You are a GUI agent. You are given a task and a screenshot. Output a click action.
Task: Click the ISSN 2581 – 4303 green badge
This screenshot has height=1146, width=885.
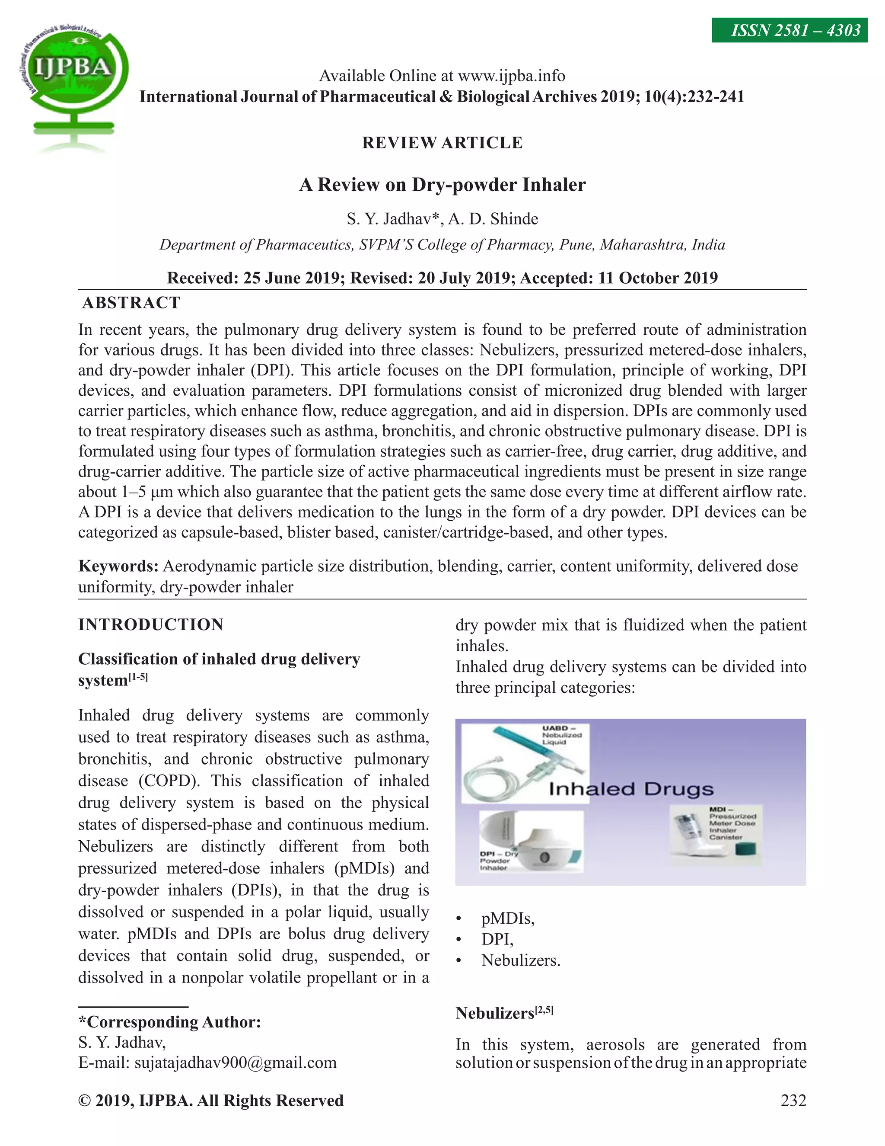[789, 30]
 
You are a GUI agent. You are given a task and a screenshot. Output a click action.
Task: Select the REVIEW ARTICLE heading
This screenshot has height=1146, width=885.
[442, 143]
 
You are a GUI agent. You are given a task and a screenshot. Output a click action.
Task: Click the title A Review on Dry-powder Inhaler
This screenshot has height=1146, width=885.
[442, 185]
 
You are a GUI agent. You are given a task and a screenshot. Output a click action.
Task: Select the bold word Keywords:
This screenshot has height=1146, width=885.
[118, 566]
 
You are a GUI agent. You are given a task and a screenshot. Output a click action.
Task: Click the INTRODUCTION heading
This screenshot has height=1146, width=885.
[151, 624]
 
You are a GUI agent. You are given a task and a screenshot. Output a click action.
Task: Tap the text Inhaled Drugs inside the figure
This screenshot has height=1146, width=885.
[631, 789]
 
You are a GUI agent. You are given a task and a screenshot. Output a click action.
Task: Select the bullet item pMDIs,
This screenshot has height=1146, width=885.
[507, 919]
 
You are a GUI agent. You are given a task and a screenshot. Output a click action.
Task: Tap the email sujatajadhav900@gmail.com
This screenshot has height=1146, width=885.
[236, 1063]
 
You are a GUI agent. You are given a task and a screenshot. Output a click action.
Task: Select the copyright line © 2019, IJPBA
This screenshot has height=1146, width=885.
[211, 1100]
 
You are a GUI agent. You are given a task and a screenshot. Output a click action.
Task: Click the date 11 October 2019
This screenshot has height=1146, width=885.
[657, 278]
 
